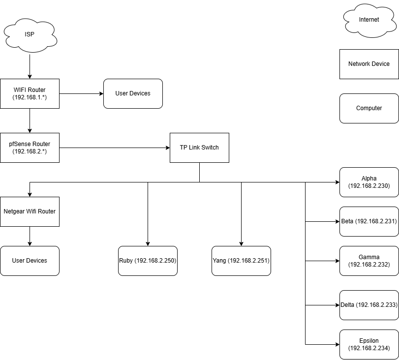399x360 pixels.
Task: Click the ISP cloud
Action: pyautogui.click(x=30, y=34)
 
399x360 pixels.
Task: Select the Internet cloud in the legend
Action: pyautogui.click(x=369, y=20)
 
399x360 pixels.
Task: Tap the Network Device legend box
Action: pyautogui.click(x=369, y=64)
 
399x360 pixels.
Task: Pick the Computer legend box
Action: pyautogui.click(x=369, y=108)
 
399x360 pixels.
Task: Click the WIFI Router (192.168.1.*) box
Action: pyautogui.click(x=30, y=93)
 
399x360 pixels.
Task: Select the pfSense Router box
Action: pyautogui.click(x=30, y=148)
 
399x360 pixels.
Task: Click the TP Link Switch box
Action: pyautogui.click(x=199, y=148)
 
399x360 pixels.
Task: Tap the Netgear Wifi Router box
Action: pyautogui.click(x=30, y=211)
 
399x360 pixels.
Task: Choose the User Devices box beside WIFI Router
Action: pyautogui.click(x=133, y=93)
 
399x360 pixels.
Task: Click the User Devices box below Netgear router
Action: pyautogui.click(x=30, y=261)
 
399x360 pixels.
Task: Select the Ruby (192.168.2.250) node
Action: pyautogui.click(x=148, y=261)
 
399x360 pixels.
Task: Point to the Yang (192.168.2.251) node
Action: pyautogui.click(x=241, y=261)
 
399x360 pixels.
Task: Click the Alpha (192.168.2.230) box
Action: pyautogui.click(x=369, y=182)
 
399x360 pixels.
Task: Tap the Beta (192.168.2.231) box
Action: pyautogui.click(x=369, y=221)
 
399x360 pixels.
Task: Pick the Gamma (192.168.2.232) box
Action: pyautogui.click(x=369, y=261)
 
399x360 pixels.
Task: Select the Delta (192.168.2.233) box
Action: pyautogui.click(x=369, y=305)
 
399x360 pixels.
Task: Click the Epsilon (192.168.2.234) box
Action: pyautogui.click(x=369, y=344)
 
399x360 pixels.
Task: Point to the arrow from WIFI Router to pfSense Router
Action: pyautogui.click(x=30, y=120)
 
